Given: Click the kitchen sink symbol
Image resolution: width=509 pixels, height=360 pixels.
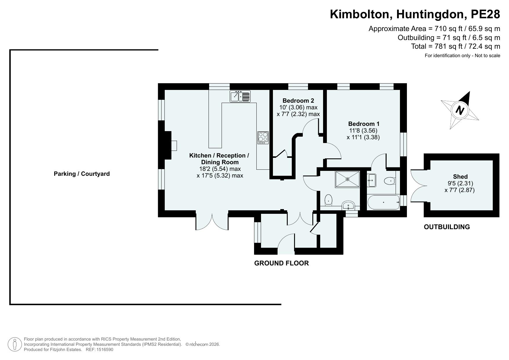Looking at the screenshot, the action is [240, 96].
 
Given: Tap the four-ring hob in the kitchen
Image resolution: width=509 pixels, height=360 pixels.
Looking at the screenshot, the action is [263, 138].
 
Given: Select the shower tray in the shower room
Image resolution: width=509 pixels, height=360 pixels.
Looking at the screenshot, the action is [347, 179].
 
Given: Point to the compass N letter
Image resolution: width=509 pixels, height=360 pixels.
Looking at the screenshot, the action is [460, 110].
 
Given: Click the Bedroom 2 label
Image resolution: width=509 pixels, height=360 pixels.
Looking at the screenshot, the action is [298, 101].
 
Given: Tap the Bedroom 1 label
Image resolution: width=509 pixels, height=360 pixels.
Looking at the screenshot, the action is [364, 124].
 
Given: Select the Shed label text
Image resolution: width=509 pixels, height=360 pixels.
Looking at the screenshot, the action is [460, 177].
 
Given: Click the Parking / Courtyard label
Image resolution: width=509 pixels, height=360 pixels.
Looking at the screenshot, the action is [82, 174].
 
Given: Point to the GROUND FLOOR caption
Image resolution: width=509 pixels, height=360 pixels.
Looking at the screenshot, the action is [281, 263].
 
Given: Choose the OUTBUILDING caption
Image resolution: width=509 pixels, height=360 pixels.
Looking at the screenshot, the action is [447, 227].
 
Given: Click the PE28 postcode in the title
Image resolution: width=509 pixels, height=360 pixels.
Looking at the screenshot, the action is [486, 14].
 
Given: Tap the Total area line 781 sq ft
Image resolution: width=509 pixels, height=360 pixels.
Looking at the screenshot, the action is [455, 46].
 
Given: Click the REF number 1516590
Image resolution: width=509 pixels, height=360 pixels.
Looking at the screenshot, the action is [106, 350].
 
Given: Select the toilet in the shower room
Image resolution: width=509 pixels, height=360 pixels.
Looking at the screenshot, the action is [328, 200].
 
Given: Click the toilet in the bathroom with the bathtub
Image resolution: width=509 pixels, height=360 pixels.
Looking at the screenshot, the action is [390, 181].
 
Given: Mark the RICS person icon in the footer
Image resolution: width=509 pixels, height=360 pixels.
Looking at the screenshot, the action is [15, 345].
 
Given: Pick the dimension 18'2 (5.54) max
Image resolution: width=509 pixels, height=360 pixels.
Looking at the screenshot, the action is [220, 169].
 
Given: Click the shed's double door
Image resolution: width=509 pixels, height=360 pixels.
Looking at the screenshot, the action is [418, 186].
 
